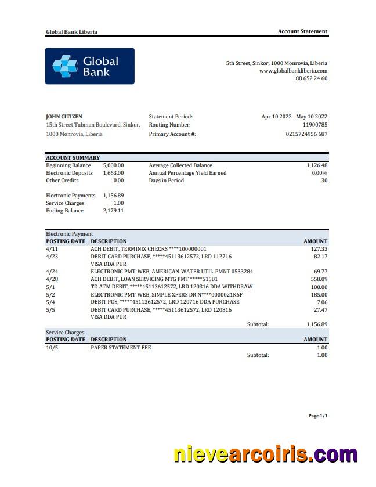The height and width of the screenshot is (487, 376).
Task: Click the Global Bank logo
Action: pos(89,66)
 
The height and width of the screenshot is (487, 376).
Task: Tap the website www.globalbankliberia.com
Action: pos(293,71)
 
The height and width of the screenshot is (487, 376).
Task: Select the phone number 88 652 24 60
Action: pos(311,78)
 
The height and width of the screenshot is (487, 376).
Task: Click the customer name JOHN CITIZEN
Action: pos(64,117)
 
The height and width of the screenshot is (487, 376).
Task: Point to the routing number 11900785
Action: pos(315,125)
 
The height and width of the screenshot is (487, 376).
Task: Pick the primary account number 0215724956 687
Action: pos(306,134)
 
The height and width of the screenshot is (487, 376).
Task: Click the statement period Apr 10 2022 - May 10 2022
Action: pos(294,117)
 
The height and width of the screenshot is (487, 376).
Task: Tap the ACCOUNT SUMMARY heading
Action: pos(73,158)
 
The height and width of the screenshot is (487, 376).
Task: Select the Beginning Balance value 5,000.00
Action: pos(113,165)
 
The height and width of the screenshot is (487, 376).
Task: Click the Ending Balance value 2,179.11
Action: pos(113,211)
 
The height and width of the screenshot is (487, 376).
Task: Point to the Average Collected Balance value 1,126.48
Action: pos(317,165)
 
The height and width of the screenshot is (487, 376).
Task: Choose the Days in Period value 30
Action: pos(324,181)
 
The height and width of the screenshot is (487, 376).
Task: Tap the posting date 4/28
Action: pos(51,279)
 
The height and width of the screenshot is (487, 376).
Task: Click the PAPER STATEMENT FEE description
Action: pos(121,348)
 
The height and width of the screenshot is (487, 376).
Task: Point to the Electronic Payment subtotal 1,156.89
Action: pos(317,324)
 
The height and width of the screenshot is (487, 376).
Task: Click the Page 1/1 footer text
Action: pos(317,416)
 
